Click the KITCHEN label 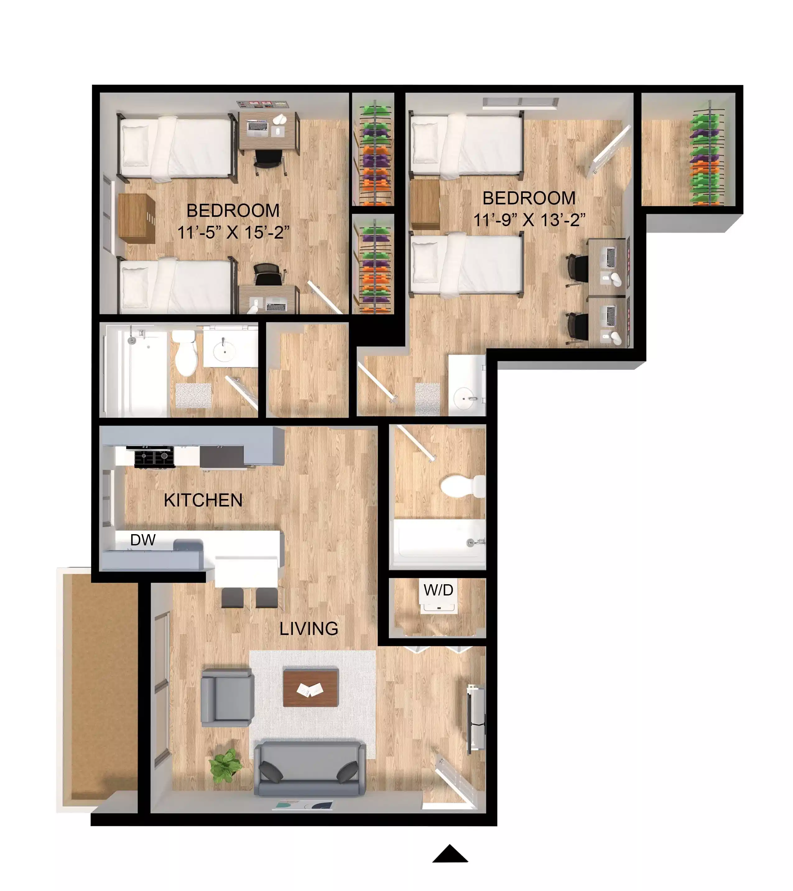pos(203,500)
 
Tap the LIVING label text pos(308,628)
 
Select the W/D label pos(438,590)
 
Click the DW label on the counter pos(142,540)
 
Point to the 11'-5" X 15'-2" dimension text pos(233,232)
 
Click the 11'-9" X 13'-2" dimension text pos(529,220)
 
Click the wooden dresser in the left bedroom pos(137,218)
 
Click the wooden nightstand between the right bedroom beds pos(425,204)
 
